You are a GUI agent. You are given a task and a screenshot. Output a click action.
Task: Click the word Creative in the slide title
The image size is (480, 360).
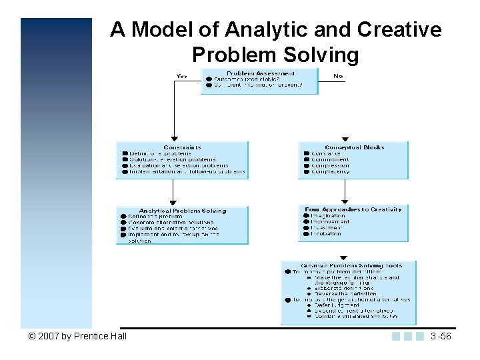(x=399, y=30)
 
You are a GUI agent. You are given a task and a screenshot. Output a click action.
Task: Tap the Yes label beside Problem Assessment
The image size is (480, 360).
(x=182, y=76)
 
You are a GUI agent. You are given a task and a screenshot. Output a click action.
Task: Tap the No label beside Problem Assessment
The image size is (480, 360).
(x=338, y=76)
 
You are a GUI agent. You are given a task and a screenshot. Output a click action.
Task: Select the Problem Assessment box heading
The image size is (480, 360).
(x=260, y=73)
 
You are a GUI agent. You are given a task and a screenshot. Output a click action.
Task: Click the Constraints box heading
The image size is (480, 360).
(x=182, y=147)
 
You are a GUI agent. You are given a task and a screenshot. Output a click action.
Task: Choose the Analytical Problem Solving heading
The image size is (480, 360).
(x=183, y=211)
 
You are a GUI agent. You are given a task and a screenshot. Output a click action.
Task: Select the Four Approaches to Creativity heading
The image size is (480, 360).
(x=353, y=209)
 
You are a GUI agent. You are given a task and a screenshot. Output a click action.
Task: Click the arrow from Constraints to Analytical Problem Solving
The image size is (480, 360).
(x=173, y=193)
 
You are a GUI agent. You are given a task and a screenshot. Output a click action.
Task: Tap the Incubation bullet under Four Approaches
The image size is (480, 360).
(x=326, y=234)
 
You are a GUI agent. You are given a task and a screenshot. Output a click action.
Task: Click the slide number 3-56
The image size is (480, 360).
(x=441, y=336)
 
